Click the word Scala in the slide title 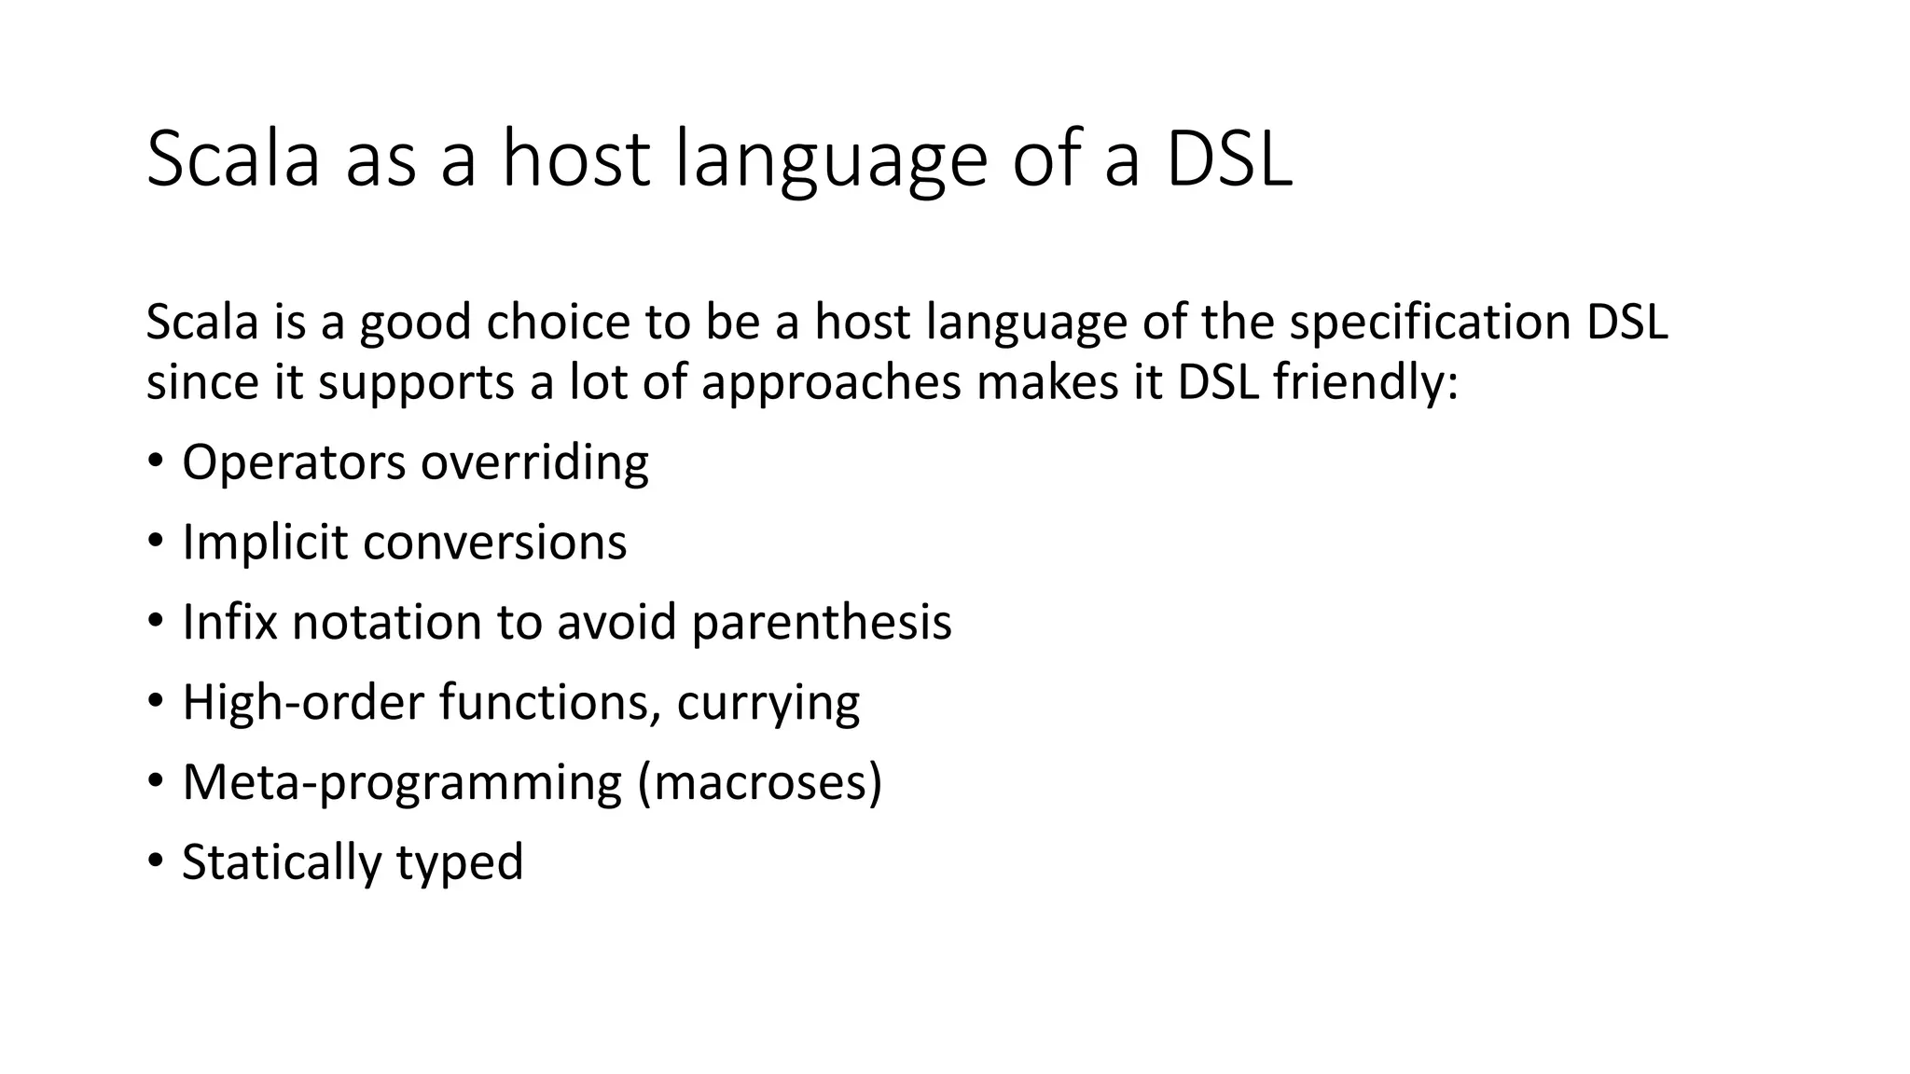pos(233,159)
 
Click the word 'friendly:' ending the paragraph pos(1364,383)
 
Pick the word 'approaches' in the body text pos(831,383)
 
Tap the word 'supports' pos(416,383)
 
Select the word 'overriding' pos(534,462)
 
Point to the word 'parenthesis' pos(822,622)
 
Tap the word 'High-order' pos(303,702)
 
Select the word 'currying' pos(768,704)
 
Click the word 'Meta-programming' pos(402,782)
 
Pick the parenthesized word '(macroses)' pos(759,782)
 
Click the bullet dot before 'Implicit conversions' pos(156,542)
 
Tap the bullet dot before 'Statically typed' pos(156,861)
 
